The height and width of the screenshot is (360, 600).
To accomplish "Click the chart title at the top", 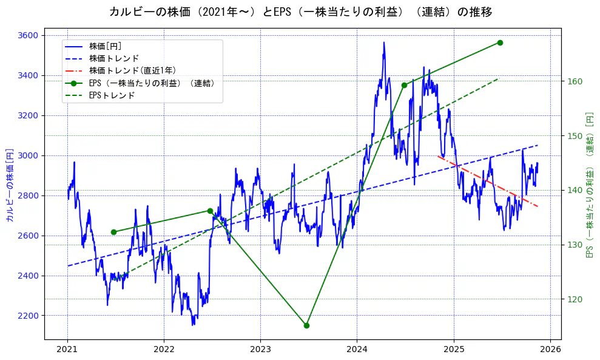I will pos(300,12).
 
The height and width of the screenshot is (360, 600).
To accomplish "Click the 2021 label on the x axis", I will pos(67,350).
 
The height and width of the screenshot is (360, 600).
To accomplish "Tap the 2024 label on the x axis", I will pos(357,350).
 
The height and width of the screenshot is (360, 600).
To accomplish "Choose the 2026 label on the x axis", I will pos(550,350).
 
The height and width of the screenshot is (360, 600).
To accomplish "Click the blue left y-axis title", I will pos(10,185).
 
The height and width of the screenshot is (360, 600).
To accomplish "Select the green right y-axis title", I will pos(589,185).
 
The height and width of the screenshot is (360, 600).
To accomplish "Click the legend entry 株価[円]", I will pos(106,46).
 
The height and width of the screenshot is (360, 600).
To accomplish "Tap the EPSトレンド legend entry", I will pos(112,95).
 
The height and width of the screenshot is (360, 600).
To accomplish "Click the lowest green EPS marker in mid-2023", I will pos(306,325).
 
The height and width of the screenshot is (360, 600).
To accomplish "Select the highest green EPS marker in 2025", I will pos(500,42).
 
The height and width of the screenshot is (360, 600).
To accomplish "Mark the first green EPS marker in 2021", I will pos(113,232).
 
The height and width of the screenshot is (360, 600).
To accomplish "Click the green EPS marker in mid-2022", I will pos(210,211).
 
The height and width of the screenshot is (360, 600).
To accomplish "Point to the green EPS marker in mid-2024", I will pos(404,85).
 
